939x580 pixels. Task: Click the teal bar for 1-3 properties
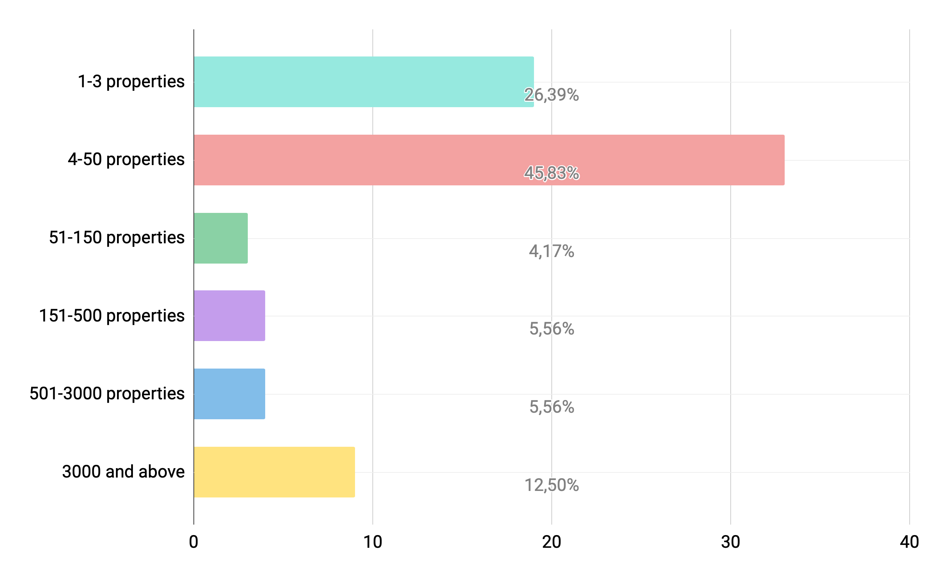click(x=363, y=82)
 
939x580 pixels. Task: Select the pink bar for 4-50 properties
click(x=488, y=160)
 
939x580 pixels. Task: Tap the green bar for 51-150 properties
click(x=221, y=238)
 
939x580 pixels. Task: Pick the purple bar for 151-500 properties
click(x=229, y=315)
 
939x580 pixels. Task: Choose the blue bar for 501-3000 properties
click(x=229, y=394)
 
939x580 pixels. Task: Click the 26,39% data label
click(x=551, y=95)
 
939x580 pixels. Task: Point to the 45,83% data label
click(x=551, y=173)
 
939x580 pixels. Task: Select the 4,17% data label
click(x=551, y=251)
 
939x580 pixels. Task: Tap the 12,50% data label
click(x=551, y=485)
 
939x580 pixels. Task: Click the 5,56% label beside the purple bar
click(x=551, y=329)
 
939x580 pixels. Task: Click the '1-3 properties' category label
click(x=131, y=82)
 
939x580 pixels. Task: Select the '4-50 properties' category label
click(x=126, y=160)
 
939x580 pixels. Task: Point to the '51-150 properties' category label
click(x=117, y=238)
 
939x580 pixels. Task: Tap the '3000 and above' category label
click(x=123, y=471)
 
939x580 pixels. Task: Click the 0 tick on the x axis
click(x=193, y=542)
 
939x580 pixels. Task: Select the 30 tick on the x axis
click(x=730, y=542)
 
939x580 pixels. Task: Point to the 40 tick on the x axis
click(x=909, y=542)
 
